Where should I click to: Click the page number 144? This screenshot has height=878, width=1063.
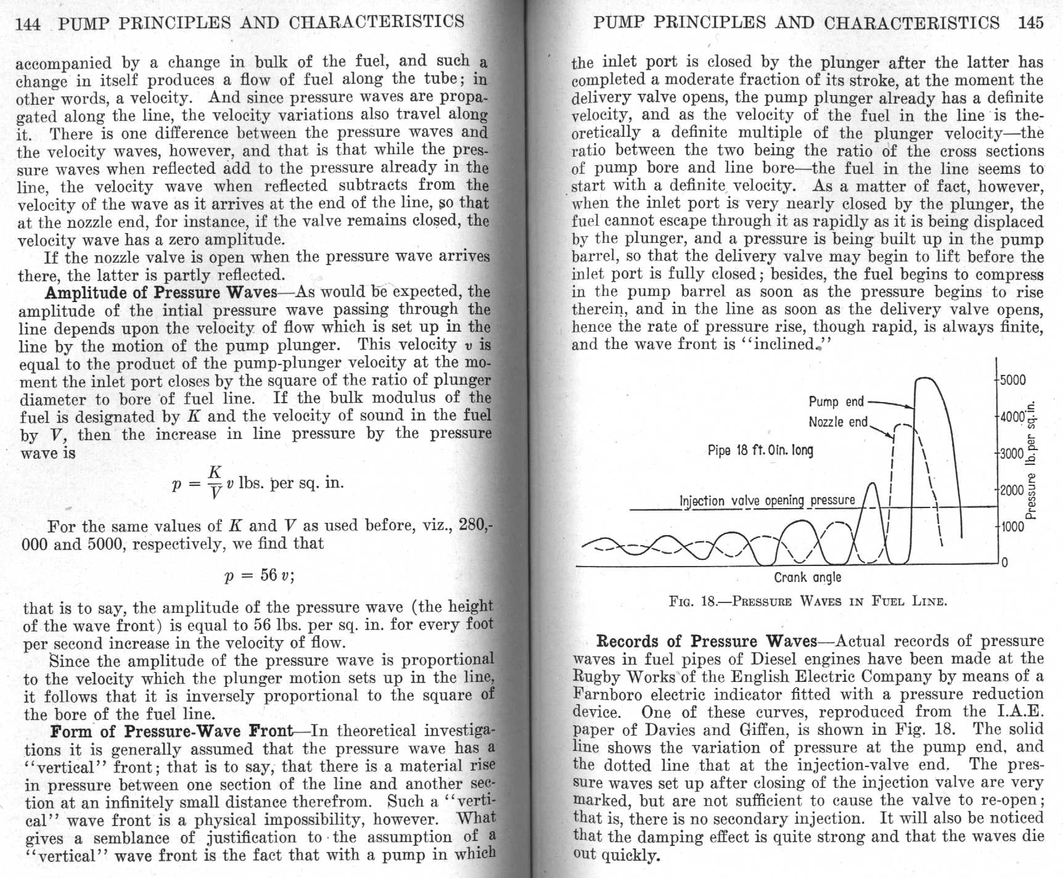[x=28, y=23]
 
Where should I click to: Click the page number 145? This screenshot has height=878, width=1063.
[x=1031, y=22]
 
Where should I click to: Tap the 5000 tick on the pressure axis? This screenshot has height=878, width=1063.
[x=1012, y=380]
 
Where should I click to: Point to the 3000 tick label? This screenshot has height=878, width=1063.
[x=1011, y=454]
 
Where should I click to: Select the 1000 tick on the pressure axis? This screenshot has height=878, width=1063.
[x=1011, y=527]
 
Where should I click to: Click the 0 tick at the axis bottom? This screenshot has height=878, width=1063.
[x=1004, y=562]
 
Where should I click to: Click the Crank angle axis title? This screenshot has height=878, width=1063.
[x=807, y=578]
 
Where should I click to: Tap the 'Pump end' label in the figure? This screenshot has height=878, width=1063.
[x=836, y=402]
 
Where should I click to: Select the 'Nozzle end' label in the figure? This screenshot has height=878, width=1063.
[x=838, y=422]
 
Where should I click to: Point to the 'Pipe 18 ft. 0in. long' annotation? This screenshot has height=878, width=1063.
[x=760, y=451]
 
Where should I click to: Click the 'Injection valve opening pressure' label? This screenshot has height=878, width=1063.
[x=767, y=501]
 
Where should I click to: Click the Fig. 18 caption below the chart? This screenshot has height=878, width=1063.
[x=808, y=601]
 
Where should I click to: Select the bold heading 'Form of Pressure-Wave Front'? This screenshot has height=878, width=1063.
[x=172, y=731]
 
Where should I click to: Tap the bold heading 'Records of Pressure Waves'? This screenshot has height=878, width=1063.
[x=707, y=642]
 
